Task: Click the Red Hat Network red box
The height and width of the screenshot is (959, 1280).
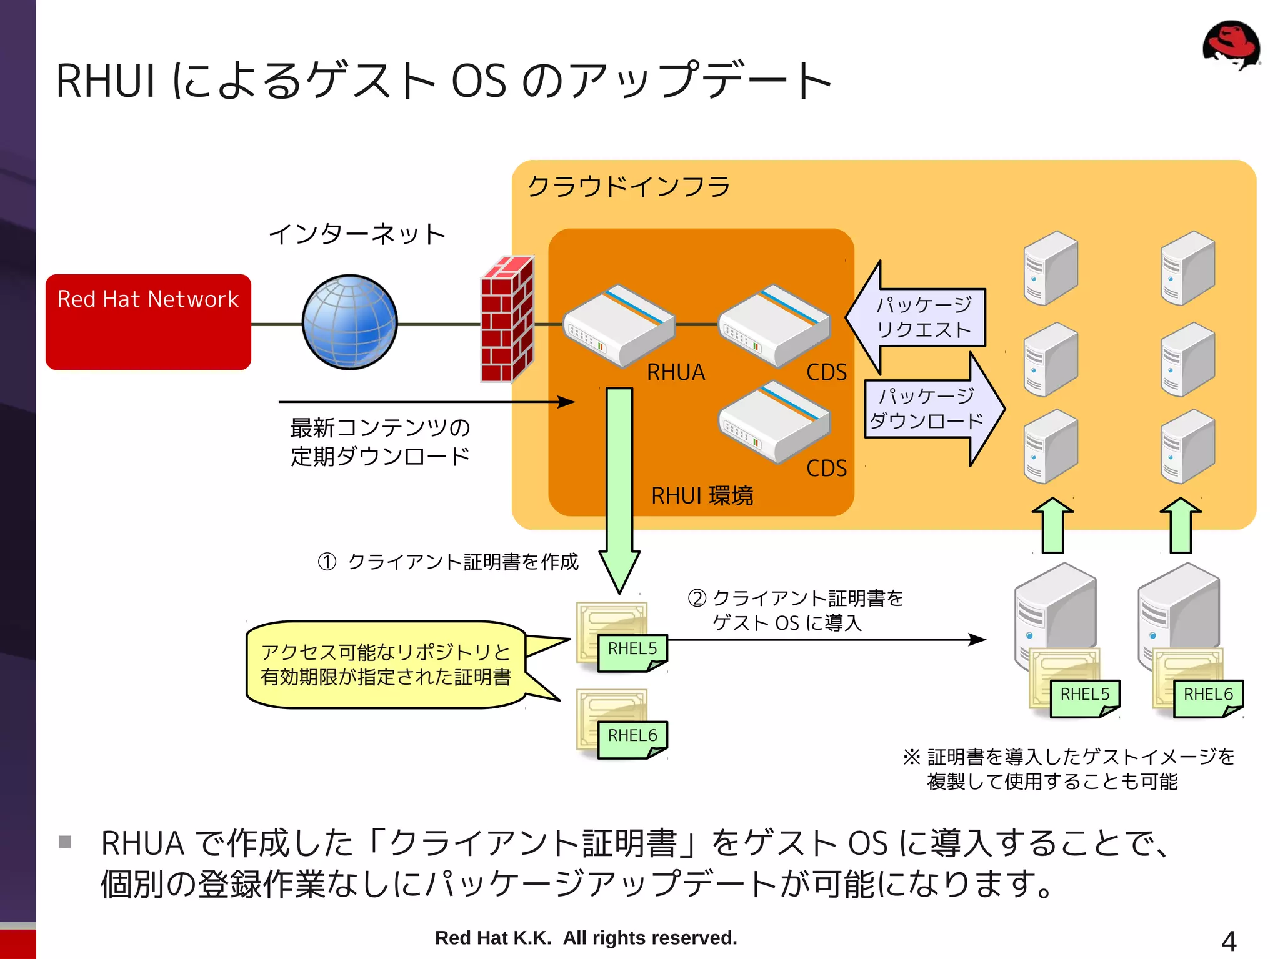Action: tap(148, 322)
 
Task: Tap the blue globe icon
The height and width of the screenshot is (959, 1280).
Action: tap(349, 322)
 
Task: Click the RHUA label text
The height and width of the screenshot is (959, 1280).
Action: tap(676, 372)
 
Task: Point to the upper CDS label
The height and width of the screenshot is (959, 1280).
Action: tap(826, 372)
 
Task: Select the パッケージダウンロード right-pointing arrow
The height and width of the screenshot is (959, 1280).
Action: tap(931, 409)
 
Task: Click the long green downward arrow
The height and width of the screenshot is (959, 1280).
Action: tap(619, 481)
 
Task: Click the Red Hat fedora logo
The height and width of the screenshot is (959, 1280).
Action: tap(1231, 45)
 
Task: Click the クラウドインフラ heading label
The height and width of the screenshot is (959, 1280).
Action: tap(628, 186)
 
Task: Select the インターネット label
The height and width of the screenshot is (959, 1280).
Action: tap(357, 234)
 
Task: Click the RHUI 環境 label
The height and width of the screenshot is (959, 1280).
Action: tap(702, 496)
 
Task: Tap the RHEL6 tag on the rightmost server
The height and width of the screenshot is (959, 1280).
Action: tap(1207, 695)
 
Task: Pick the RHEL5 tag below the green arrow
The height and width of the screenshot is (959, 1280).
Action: tap(632, 650)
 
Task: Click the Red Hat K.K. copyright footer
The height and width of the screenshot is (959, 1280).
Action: tap(586, 938)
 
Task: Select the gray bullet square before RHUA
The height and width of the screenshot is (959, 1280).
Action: tap(65, 842)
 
